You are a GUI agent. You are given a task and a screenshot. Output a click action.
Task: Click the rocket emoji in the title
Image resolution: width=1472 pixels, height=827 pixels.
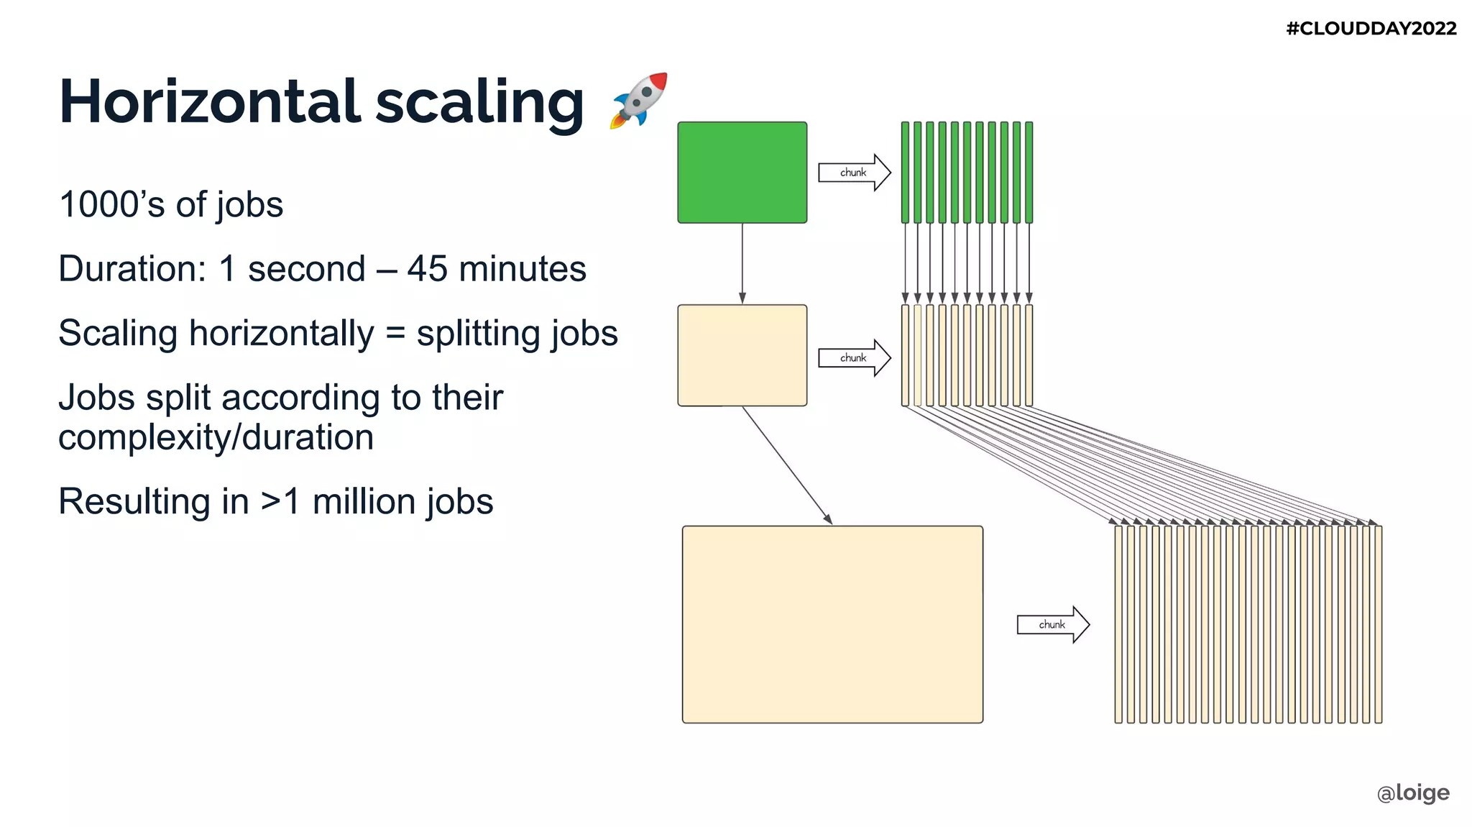(x=638, y=101)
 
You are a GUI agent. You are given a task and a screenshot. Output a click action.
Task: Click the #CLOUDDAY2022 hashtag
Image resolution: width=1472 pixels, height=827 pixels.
(x=1371, y=29)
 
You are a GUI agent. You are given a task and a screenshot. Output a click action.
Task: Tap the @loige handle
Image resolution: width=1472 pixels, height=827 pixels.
(x=1412, y=792)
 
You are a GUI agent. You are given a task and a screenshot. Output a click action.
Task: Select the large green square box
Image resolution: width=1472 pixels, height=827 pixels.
(x=742, y=173)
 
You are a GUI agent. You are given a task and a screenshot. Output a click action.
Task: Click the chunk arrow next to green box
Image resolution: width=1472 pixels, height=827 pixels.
(x=854, y=173)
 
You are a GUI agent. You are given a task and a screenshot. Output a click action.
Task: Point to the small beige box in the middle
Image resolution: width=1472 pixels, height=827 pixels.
(x=742, y=355)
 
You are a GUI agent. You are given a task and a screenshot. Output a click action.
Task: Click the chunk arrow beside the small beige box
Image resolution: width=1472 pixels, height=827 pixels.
(x=854, y=357)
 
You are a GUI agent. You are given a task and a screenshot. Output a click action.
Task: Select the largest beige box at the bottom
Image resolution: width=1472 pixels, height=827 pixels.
(x=832, y=624)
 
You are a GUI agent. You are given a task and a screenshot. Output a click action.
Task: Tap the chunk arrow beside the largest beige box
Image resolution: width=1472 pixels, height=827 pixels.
(x=1052, y=624)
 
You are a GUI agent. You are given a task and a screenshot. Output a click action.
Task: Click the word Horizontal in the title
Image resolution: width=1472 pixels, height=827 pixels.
(x=209, y=101)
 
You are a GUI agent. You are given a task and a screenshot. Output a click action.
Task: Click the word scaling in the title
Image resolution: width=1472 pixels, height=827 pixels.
(x=479, y=101)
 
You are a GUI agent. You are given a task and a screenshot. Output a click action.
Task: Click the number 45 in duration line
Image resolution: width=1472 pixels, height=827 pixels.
(x=427, y=269)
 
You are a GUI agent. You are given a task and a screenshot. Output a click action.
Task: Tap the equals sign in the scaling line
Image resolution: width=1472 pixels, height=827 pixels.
(x=395, y=334)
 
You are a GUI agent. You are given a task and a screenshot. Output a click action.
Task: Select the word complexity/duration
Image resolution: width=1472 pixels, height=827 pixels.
(x=216, y=437)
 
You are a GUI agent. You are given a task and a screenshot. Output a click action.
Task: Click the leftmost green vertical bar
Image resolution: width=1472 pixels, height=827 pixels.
(x=905, y=173)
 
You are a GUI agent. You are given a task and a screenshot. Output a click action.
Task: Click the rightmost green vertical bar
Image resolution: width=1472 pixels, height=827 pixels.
(x=1029, y=173)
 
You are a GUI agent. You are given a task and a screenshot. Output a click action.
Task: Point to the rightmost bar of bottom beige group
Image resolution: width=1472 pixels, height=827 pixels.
(x=1378, y=624)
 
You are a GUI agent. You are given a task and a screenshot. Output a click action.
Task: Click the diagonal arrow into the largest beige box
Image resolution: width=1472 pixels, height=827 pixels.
(x=787, y=465)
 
